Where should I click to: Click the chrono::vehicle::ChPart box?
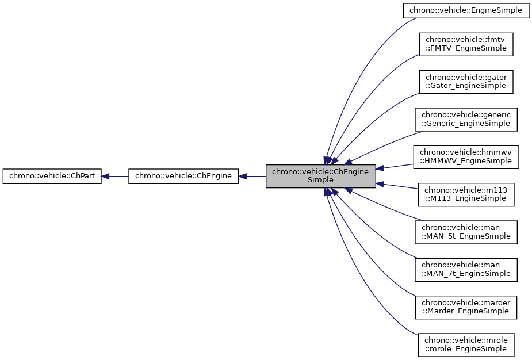pyautogui.click(x=52, y=177)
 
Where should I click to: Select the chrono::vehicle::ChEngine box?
pyautogui.click(x=183, y=177)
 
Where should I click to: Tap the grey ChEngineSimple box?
pyautogui.click(x=320, y=176)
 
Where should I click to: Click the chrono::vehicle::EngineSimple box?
pyautogui.click(x=466, y=10)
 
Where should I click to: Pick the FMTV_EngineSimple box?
pyautogui.click(x=466, y=44)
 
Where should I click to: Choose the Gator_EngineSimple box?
pyautogui.click(x=466, y=82)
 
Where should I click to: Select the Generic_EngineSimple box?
pyautogui.click(x=466, y=119)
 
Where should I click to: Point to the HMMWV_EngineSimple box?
pyautogui.click(x=466, y=156)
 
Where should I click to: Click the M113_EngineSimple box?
pyautogui.click(x=466, y=194)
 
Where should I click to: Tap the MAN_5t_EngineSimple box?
pyautogui.click(x=466, y=232)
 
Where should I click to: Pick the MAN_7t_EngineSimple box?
pyautogui.click(x=466, y=269)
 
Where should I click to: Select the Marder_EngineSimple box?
pyautogui.click(x=466, y=307)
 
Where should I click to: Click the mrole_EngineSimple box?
pyautogui.click(x=466, y=344)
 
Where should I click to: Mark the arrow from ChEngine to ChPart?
pyautogui.click(x=115, y=177)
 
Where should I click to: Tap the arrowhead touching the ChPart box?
pyautogui.click(x=106, y=177)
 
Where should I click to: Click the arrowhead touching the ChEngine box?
pyautogui.click(x=243, y=177)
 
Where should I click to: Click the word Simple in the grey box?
pyautogui.click(x=320, y=180)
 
